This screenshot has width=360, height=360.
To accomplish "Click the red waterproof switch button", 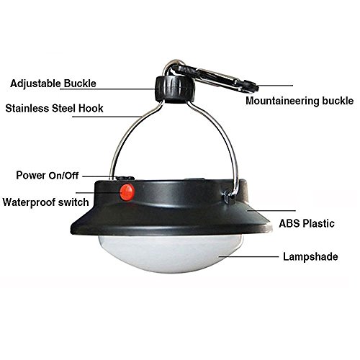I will pyautogui.click(x=127, y=192).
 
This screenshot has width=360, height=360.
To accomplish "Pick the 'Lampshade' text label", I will pyautogui.click(x=309, y=256).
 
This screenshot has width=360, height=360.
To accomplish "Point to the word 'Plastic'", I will pyautogui.click(x=323, y=224).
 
